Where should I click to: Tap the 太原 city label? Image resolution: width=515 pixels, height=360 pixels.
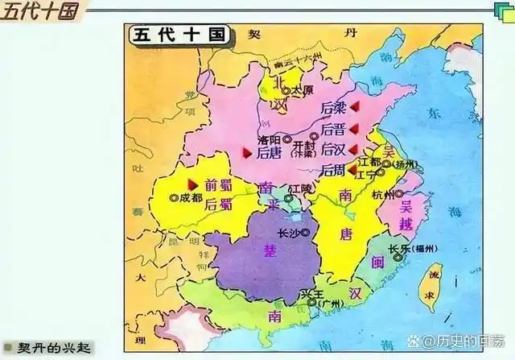pyautogui.click(x=301, y=91)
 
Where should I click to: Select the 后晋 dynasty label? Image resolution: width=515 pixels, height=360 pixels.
pyautogui.click(x=332, y=129)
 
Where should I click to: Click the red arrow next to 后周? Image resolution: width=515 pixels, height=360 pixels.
pyautogui.click(x=352, y=170)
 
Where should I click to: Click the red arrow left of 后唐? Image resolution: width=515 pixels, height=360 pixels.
pyautogui.click(x=247, y=151)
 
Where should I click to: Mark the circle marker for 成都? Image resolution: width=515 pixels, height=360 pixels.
pyautogui.click(x=174, y=197)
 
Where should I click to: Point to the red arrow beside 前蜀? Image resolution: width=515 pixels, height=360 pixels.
pyautogui.click(x=192, y=184)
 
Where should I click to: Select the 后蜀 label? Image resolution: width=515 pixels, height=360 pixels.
pyautogui.click(x=218, y=205)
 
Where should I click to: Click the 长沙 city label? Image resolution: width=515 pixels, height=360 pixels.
pyautogui.click(x=287, y=233)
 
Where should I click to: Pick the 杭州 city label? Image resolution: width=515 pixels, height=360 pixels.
pyautogui.click(x=383, y=194)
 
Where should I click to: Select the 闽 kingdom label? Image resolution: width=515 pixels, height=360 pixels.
pyautogui.click(x=377, y=262)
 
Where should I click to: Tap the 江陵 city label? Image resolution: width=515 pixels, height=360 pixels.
pyautogui.click(x=299, y=188)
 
